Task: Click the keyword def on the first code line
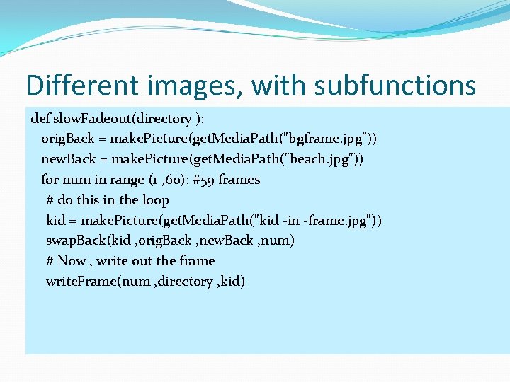coord(42,118)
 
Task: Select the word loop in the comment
coord(156,200)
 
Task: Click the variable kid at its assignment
coord(57,221)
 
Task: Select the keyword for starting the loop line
coord(50,180)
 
